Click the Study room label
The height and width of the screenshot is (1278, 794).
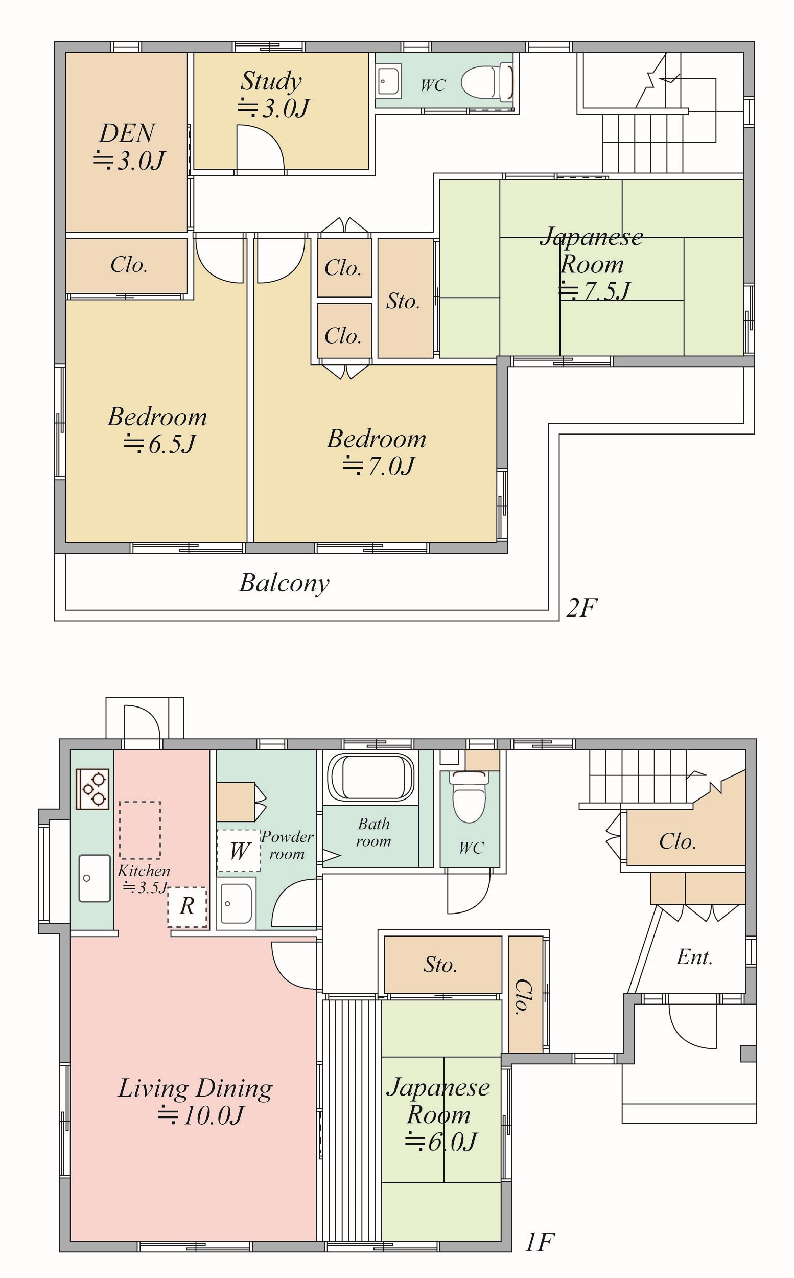tap(271, 81)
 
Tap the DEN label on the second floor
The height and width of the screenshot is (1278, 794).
tap(127, 133)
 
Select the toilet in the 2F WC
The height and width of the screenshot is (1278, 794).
tap(487, 82)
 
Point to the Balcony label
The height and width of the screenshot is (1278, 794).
tap(284, 583)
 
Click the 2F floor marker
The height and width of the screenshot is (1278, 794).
tap(582, 608)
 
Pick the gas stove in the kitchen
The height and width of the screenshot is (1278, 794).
tap(93, 788)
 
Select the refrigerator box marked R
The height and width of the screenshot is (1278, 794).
tap(188, 907)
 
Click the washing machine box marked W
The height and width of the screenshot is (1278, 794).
tap(239, 851)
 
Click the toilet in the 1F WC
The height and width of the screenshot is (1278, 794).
tap(470, 796)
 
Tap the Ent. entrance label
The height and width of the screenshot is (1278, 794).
tap(694, 957)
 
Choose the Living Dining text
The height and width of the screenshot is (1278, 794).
tap(195, 1089)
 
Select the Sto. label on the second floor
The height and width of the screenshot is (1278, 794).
tap(403, 301)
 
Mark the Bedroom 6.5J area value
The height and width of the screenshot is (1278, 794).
tap(159, 444)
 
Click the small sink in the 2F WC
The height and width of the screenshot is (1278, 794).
tap(389, 81)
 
